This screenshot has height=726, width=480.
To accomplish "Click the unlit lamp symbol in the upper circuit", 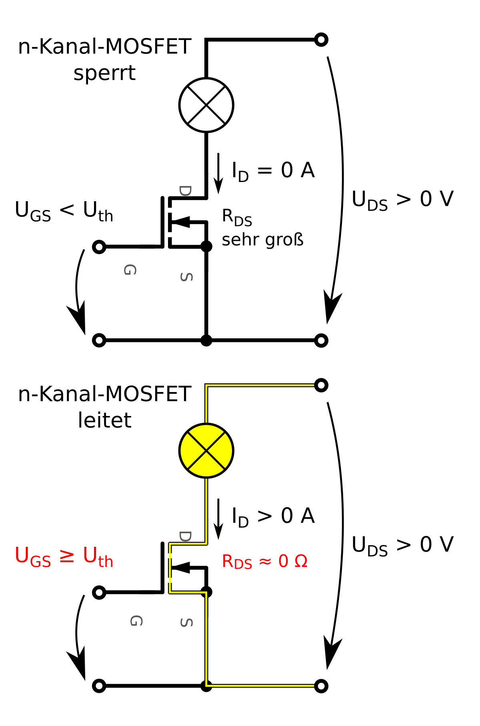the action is (206, 105).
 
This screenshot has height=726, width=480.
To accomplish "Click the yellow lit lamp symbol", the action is (206, 450).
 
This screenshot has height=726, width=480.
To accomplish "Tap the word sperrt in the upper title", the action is (104, 74).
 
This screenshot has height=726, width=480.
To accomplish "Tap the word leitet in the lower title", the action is (104, 420).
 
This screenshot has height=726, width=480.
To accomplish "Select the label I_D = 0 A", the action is (273, 171).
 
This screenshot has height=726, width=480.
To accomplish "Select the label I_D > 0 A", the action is (273, 516).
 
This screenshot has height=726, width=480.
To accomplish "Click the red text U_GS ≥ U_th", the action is (64, 557).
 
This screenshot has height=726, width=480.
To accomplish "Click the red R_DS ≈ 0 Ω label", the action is (265, 562).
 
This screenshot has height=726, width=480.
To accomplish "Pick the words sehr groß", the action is (263, 240).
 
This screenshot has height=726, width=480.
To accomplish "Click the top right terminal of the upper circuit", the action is (321, 40).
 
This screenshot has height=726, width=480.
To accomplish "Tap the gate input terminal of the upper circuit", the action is (99, 247).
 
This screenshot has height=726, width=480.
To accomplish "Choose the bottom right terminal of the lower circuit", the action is (321, 686).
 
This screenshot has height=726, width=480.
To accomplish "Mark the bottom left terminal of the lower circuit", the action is (99, 686).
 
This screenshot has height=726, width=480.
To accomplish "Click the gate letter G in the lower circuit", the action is (136, 621).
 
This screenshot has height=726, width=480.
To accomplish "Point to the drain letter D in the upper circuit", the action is (185, 191).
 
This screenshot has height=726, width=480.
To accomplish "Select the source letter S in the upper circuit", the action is (186, 277).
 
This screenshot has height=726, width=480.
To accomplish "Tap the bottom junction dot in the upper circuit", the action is (206, 340).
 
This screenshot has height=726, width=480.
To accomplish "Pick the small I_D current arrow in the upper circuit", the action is (218, 173).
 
